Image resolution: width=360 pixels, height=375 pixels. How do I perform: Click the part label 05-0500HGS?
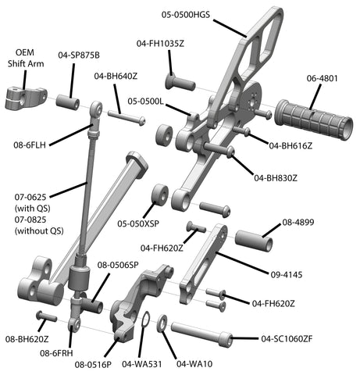[186, 15]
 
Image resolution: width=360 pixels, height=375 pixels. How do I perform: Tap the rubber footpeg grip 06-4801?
[314, 120]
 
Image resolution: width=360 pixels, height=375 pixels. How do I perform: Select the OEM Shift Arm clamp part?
[26, 98]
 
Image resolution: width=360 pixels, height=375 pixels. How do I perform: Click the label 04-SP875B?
[79, 55]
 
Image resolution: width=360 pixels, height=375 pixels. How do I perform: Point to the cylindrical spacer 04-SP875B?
[68, 102]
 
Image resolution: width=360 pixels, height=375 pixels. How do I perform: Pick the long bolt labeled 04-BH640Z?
[127, 117]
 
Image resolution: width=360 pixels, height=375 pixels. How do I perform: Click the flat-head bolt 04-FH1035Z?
[180, 81]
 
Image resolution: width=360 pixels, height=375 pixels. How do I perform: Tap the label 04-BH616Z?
[290, 146]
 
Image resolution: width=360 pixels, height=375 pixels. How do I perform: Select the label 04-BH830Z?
[276, 178]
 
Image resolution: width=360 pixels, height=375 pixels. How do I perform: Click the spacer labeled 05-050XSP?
[160, 196]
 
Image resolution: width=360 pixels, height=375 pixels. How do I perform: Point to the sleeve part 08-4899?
[254, 241]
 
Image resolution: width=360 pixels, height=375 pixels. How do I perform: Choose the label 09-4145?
[287, 274]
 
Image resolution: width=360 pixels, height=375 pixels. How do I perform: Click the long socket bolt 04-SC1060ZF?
[201, 334]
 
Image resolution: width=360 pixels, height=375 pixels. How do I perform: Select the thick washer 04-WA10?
[162, 323]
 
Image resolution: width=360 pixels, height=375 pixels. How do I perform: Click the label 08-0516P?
[93, 365]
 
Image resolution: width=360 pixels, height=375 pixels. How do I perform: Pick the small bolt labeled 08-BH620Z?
[46, 316]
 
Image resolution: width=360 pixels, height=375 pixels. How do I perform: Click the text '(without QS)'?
[39, 231]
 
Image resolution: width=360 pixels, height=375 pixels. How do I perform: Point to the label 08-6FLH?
[30, 145]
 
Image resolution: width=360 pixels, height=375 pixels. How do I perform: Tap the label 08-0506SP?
[118, 265]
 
